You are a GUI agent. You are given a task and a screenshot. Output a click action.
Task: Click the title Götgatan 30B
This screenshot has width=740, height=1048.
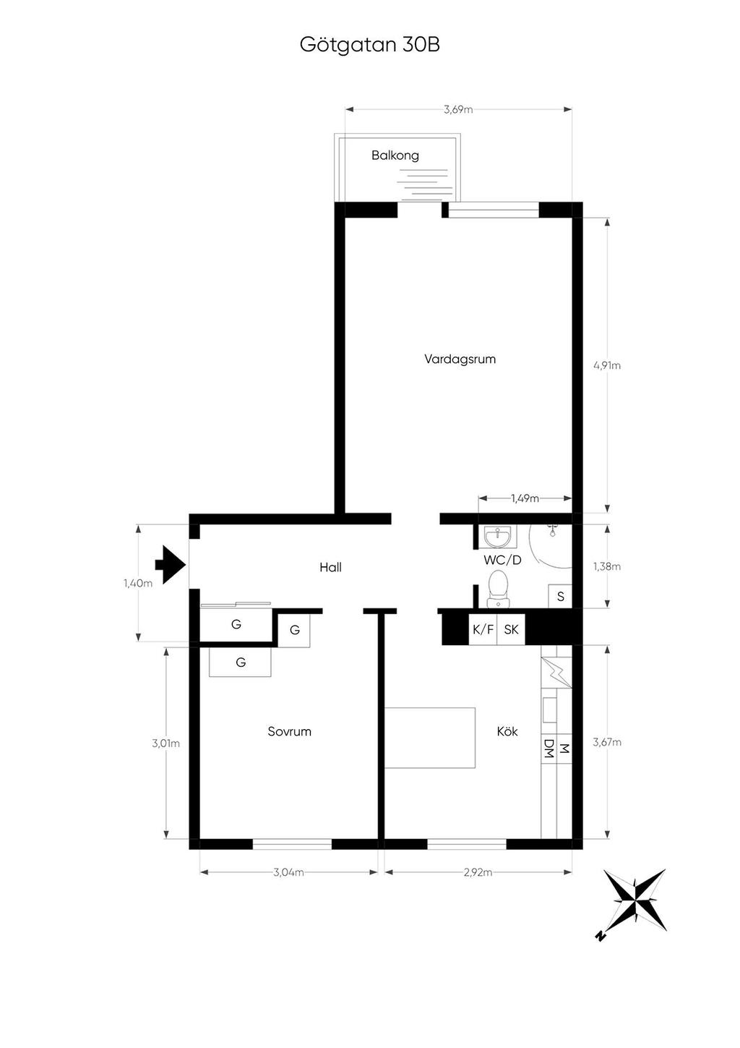369,46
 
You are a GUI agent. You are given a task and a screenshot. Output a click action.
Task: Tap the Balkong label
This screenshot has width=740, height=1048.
395,156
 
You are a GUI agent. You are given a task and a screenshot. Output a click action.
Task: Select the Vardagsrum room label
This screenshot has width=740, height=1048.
460,359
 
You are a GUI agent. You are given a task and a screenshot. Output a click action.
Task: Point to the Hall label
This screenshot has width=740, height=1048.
330,567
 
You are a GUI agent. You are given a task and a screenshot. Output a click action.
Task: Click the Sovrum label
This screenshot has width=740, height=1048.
289,731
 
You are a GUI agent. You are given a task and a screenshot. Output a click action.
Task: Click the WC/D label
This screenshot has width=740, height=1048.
502,560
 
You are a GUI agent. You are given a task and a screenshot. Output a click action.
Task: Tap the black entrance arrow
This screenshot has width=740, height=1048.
171,565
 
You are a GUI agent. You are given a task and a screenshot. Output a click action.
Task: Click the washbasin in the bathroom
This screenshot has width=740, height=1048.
499,537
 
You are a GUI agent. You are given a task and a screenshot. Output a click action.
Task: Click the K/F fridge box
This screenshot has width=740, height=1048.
483,629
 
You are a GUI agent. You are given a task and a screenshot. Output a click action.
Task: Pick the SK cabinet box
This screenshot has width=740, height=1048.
511,629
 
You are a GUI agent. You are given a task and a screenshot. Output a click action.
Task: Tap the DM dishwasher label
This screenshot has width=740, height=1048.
548,749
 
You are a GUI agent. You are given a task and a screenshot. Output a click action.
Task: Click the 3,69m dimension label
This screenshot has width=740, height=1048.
458,109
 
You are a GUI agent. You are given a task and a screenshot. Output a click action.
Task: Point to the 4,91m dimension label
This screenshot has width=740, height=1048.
607,365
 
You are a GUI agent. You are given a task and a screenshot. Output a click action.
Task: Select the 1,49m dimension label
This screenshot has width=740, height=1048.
525,498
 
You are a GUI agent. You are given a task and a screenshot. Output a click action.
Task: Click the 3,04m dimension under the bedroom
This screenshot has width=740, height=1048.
288,872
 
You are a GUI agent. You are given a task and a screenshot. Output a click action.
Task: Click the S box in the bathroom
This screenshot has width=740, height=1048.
560,596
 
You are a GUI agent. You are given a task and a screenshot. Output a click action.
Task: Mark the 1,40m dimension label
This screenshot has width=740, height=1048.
138,583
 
